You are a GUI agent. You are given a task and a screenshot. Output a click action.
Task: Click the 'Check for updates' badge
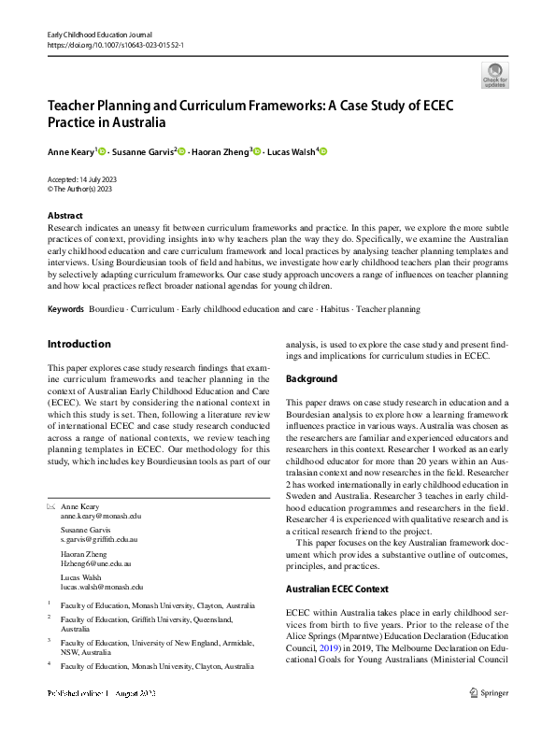494,75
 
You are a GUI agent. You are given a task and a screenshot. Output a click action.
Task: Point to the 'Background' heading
311,377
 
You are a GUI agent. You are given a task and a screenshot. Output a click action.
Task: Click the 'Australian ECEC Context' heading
337,589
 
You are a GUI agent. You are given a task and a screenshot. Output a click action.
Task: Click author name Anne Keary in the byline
70,151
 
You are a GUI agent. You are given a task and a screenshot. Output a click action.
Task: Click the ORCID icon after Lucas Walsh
323,151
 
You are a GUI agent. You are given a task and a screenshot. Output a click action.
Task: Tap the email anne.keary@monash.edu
101,516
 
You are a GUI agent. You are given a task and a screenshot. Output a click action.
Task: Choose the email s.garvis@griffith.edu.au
99,540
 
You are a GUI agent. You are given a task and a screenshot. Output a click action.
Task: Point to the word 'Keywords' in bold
65,308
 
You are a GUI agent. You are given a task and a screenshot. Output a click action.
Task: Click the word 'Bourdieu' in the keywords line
107,308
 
